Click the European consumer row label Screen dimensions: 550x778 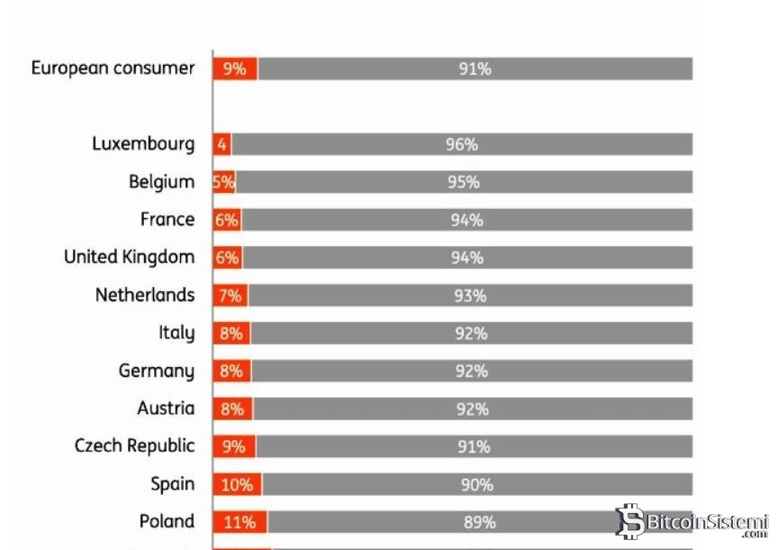113,69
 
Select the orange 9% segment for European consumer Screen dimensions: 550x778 235,69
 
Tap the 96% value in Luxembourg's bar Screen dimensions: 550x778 461,144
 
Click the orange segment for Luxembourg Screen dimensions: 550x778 222,144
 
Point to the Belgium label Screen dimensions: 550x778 161,182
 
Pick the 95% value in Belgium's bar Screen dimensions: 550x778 463,182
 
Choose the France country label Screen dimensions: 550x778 167,220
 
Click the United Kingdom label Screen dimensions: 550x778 129,258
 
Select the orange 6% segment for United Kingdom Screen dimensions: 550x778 228,258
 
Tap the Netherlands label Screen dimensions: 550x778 145,296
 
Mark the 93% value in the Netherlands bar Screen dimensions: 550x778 470,296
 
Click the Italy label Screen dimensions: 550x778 176,334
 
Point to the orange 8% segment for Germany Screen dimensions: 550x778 231,371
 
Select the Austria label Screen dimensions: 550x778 166,408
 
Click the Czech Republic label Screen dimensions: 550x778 134,446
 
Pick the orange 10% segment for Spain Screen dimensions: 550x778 237,485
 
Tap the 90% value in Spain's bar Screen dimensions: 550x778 477,485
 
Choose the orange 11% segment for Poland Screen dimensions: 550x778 240,522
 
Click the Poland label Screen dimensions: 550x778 167,522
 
